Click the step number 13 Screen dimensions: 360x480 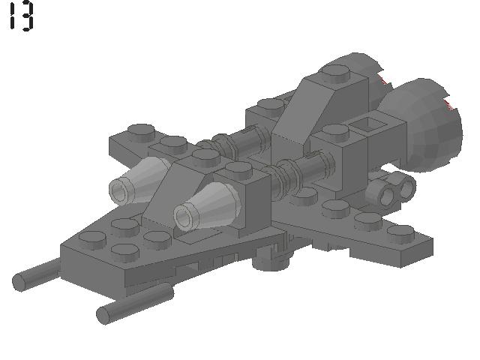click(x=21, y=16)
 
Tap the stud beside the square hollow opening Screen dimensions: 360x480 click(x=333, y=133)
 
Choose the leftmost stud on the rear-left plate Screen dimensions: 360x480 click(x=139, y=131)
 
